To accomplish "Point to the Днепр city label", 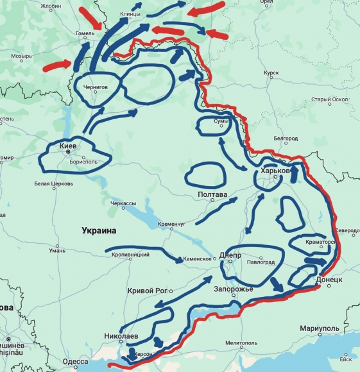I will (x=230, y=255).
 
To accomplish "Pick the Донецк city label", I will (x=329, y=280).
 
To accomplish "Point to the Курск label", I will (x=271, y=73).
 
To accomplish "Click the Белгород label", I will (x=286, y=139).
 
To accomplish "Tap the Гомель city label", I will (x=85, y=34).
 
